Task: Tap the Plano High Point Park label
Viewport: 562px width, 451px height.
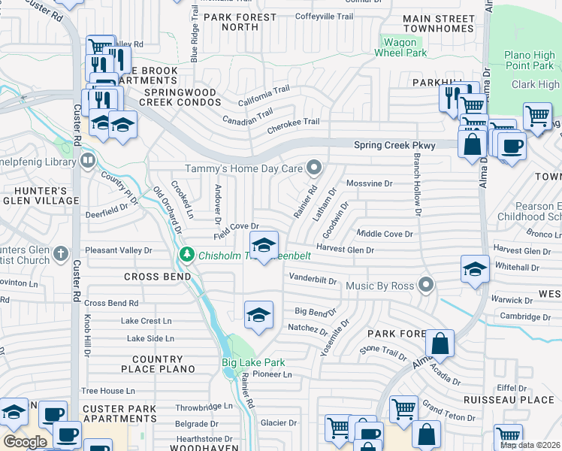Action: point(529,61)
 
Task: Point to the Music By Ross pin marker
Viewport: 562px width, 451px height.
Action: point(427,286)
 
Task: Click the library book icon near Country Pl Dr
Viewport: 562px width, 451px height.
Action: point(88,160)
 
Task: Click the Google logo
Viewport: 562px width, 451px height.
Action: point(24,441)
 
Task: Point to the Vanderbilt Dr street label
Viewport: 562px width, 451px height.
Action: point(312,279)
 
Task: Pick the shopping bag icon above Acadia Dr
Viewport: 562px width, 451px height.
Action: point(440,344)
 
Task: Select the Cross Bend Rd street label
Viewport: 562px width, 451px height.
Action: point(111,303)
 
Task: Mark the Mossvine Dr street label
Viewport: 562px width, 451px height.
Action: point(369,183)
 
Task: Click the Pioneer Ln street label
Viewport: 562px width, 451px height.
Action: point(272,374)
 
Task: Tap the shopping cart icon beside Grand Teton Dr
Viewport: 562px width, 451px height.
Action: point(403,409)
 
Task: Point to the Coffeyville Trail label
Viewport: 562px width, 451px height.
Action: point(323,16)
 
